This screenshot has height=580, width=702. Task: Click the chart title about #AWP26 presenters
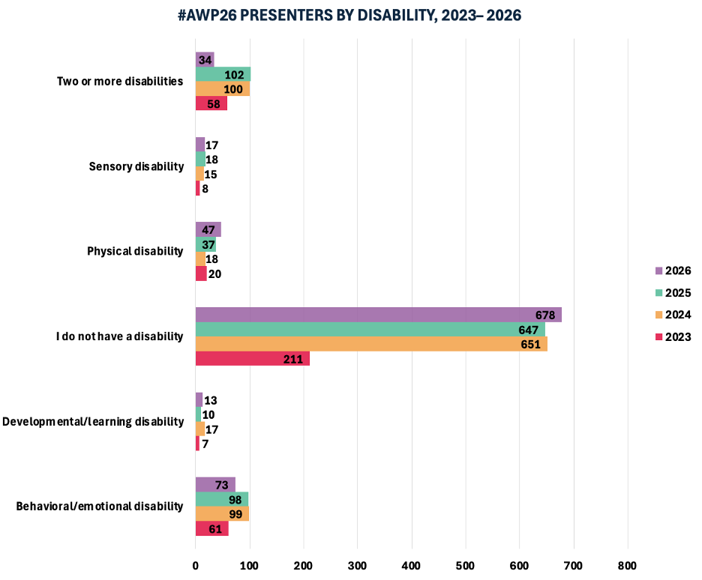tap(351, 15)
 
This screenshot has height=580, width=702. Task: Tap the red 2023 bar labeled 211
tap(252, 359)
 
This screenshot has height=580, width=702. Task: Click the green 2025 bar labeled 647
tap(370, 330)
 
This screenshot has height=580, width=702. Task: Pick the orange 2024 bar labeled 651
tap(371, 344)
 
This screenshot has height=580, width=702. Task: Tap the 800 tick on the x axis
tap(628, 565)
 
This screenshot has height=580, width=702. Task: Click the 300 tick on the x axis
tap(358, 565)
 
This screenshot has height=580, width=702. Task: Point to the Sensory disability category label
tap(136, 166)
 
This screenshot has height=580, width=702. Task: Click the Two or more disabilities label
tap(120, 81)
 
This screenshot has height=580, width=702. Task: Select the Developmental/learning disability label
tap(93, 421)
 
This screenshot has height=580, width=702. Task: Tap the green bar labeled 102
tap(223, 74)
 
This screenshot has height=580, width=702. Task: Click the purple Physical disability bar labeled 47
tap(208, 229)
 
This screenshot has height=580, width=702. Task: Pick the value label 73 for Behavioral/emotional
tap(222, 485)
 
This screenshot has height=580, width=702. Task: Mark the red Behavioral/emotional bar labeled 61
tap(211, 529)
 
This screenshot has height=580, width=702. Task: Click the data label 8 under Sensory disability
tap(205, 189)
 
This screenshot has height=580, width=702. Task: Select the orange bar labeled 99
tap(222, 514)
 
